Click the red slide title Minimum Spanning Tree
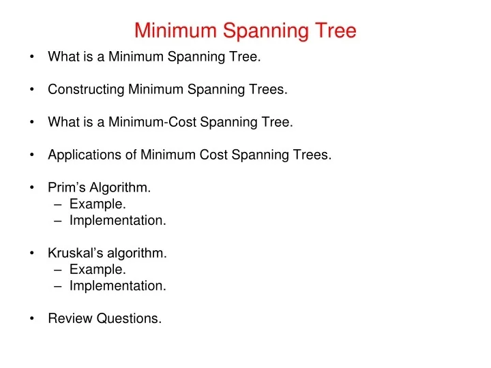(245, 31)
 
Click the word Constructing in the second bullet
(86, 89)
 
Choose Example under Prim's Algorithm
(98, 204)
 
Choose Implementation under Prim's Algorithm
(117, 221)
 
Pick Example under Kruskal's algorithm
(98, 270)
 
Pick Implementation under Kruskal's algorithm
(117, 286)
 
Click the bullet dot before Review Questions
(33, 319)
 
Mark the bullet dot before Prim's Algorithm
(33, 188)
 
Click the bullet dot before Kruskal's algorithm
(33, 254)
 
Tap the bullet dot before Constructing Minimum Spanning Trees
(33, 89)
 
